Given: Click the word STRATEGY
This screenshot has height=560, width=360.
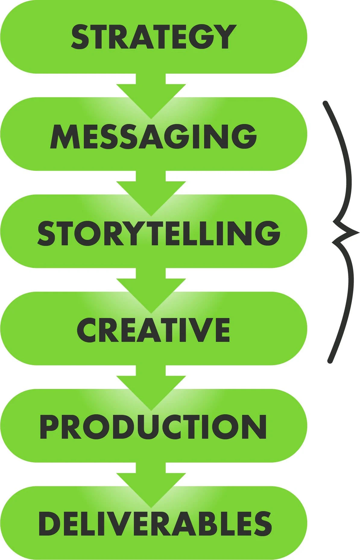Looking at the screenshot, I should [153, 37].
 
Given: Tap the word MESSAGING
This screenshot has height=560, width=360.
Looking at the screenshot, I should [153, 136].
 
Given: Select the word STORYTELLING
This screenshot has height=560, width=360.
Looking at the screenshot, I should [159, 233].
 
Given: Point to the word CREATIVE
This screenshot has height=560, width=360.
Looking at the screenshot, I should [153, 330].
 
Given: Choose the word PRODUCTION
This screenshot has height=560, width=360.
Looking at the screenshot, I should [153, 427].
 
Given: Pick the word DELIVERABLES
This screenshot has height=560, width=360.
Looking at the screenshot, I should [155, 524].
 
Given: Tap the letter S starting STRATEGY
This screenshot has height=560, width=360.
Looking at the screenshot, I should [80, 37].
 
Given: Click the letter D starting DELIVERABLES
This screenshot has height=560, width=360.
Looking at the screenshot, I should [49, 524].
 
